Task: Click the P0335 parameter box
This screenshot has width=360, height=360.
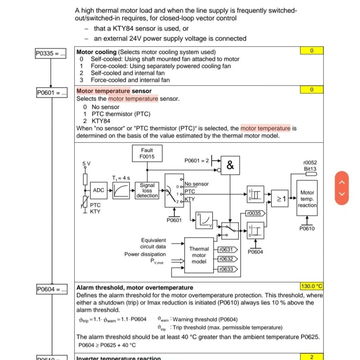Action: point(51,54)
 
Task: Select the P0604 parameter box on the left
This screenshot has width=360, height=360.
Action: point(52,289)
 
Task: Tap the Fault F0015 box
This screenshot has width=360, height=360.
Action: point(147,153)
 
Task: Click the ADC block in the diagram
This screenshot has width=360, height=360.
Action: point(98,190)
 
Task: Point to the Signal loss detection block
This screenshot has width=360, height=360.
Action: point(147,190)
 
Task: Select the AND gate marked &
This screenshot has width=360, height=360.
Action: point(230,165)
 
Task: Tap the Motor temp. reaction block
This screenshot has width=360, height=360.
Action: point(307,199)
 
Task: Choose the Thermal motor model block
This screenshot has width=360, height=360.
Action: point(199,255)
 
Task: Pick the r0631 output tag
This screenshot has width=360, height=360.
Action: point(227,250)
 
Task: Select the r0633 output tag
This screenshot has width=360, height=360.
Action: point(227,269)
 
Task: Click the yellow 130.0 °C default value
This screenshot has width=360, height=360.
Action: point(311,286)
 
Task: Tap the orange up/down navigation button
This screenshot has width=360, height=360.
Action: point(342,188)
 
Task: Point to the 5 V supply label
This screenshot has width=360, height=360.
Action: point(86,164)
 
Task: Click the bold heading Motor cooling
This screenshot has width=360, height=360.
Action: point(96,52)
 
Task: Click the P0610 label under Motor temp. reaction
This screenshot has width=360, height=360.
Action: point(307,229)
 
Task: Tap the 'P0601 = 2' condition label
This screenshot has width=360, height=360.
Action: point(197,160)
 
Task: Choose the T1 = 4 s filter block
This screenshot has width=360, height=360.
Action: point(121,190)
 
